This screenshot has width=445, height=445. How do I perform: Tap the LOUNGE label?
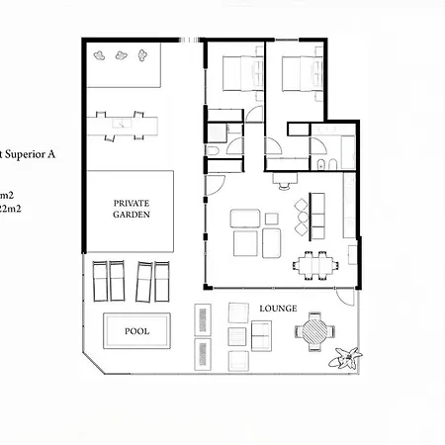278,309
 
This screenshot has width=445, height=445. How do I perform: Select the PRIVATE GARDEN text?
131,208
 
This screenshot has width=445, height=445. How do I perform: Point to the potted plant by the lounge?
347,358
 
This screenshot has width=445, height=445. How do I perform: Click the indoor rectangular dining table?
316,263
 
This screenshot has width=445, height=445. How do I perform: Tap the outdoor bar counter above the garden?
129,124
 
